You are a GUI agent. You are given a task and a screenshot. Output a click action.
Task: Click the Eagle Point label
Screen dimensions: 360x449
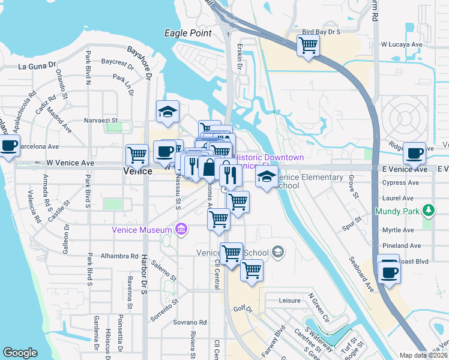(x=188, y=34)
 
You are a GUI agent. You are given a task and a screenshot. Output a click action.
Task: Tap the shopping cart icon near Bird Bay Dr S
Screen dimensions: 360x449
(x=308, y=44)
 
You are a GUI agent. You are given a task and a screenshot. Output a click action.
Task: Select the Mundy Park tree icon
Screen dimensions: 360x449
(x=429, y=210)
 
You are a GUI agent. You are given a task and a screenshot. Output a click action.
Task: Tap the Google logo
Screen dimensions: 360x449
(x=20, y=353)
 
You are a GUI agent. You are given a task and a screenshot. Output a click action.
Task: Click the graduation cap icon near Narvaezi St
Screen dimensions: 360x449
(x=168, y=111)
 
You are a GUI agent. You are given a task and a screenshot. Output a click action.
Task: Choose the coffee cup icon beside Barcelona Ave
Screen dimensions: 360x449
(x=9, y=146)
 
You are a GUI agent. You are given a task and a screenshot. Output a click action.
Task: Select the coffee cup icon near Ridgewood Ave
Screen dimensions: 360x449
(x=414, y=153)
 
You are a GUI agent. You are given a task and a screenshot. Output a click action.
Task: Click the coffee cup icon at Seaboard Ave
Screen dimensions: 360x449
(x=389, y=271)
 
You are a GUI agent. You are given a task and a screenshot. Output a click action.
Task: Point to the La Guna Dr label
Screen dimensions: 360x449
(x=37, y=66)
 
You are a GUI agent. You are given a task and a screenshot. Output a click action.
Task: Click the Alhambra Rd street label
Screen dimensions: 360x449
(x=119, y=255)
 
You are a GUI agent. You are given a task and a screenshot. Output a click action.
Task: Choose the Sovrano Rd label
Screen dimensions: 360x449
(x=173, y=322)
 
